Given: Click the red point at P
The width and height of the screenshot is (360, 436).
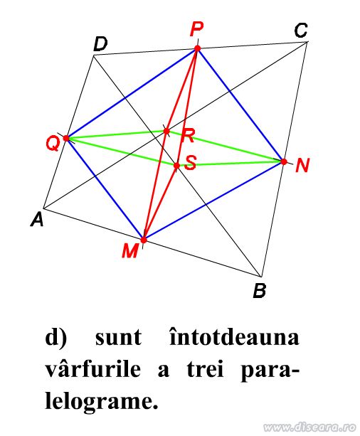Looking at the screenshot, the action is [198, 48].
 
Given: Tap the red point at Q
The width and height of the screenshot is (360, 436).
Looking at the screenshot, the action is [66, 138].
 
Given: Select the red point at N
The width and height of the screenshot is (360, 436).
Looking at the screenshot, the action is [284, 161].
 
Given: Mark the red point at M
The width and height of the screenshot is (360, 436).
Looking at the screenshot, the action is [144, 240].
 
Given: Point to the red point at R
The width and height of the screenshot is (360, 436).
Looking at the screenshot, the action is [166, 131].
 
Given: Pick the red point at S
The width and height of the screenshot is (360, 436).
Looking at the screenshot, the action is [176, 166].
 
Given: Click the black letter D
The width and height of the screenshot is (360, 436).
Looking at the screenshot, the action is [100, 44].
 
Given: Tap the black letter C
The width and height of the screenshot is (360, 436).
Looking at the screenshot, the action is [301, 31].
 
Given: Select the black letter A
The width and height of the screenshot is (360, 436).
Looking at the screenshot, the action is [37, 219].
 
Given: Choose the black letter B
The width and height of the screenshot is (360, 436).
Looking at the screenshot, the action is [260, 291].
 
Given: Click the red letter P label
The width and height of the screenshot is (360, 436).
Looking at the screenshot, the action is [196, 29].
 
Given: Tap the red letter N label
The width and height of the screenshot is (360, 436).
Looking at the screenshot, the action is [302, 165].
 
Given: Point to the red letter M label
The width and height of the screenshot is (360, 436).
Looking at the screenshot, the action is [130, 251].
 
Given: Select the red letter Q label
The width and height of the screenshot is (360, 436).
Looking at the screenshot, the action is [53, 144].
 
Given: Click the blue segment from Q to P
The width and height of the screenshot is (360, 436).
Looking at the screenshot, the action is [132, 93].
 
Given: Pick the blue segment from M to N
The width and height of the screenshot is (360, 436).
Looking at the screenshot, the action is [213, 201].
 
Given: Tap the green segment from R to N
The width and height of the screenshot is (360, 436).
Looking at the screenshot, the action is [225, 147].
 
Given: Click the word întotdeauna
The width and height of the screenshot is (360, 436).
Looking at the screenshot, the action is [235, 338].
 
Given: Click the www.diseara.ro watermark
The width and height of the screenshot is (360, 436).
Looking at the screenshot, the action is [309, 427].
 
